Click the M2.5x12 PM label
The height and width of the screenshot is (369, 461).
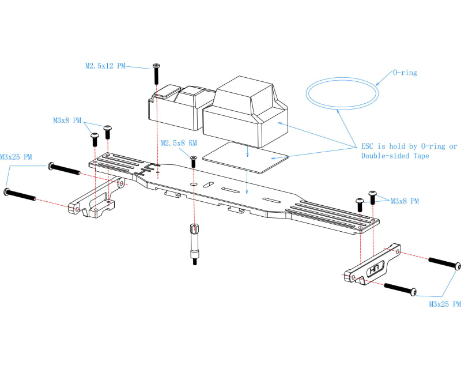tap(105, 66)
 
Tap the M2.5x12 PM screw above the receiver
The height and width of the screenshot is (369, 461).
tap(156, 74)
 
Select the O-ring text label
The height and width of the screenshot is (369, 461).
tap(405, 73)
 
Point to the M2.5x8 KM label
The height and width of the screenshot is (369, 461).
tap(179, 142)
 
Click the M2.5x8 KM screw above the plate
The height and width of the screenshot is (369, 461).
tap(193, 161)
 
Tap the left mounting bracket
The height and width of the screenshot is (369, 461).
tap(95, 202)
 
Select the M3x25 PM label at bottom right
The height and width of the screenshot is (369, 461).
tap(444, 303)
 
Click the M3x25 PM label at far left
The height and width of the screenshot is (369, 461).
tap(16, 157)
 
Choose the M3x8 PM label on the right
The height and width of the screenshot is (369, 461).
tap(405, 201)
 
